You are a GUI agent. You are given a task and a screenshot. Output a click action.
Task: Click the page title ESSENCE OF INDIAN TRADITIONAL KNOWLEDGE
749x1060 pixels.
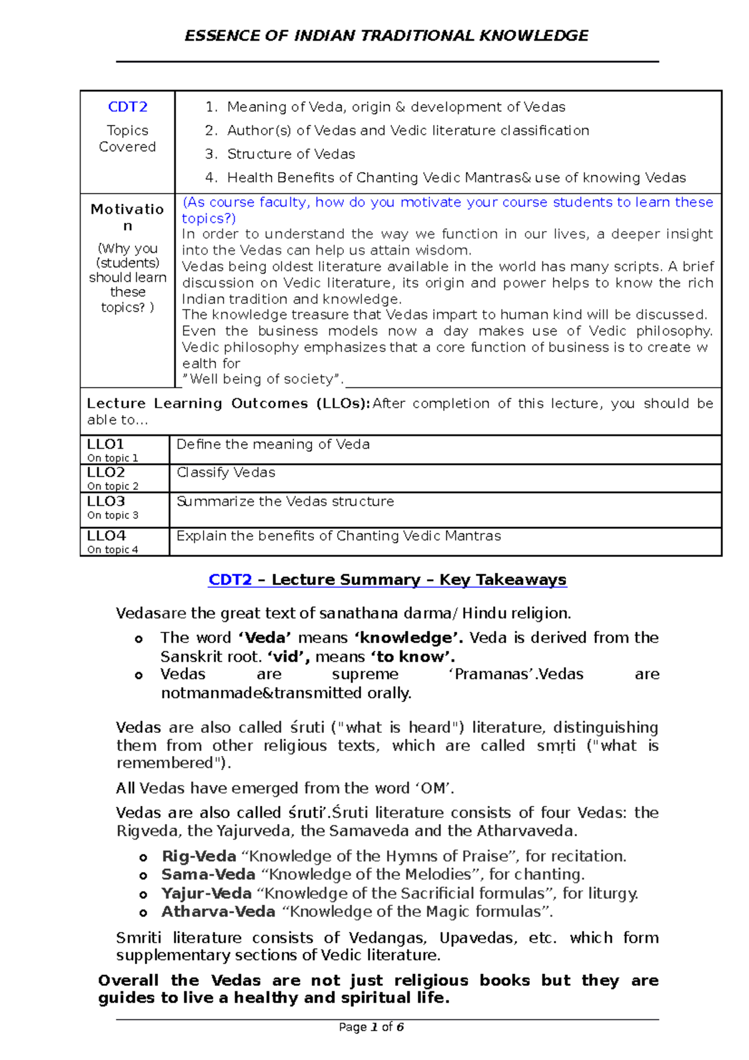coord(386,36)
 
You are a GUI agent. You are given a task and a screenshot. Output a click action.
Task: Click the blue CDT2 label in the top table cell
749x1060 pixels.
coord(127,107)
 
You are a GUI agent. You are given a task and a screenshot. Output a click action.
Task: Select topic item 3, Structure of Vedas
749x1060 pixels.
coord(290,154)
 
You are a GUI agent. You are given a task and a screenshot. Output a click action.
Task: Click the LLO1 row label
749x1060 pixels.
coord(105,444)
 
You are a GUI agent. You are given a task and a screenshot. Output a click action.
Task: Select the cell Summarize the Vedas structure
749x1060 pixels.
coord(285,501)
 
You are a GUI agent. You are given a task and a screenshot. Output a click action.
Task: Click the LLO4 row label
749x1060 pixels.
coord(106,536)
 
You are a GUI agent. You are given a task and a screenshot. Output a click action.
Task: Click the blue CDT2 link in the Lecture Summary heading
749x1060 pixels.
coord(230,580)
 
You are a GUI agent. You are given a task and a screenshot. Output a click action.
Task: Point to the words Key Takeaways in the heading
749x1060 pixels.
coord(502,580)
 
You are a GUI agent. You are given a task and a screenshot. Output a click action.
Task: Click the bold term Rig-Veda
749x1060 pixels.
coord(198,856)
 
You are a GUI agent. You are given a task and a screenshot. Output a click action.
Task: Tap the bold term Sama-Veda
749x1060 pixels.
coord(208,875)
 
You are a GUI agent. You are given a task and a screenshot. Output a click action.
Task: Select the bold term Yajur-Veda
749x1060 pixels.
coord(206,893)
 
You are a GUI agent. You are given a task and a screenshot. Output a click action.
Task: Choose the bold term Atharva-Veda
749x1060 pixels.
coord(218,912)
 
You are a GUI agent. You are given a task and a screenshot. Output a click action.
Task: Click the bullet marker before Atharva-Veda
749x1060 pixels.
coord(143,913)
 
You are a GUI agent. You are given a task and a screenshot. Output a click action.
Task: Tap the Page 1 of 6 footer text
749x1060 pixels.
coord(371,1027)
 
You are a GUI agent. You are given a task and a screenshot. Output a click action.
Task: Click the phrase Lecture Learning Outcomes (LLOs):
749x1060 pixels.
coord(228,404)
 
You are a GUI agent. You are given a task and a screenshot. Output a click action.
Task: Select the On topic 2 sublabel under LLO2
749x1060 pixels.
coord(113,486)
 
